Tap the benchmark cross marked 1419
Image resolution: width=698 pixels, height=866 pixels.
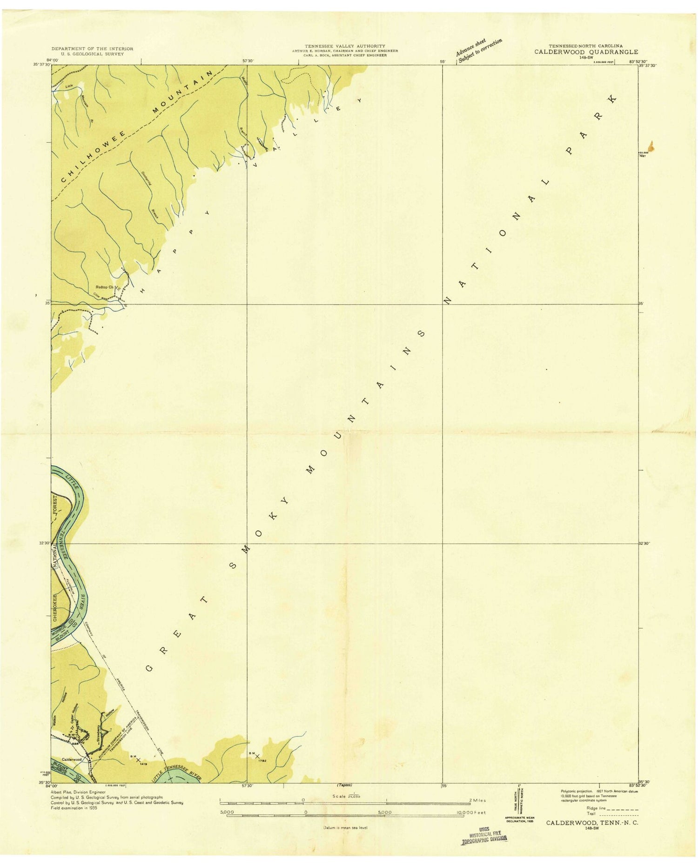(138, 760)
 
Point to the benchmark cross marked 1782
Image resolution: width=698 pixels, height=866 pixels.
(257, 756)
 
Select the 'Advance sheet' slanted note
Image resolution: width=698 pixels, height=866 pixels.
(471, 47)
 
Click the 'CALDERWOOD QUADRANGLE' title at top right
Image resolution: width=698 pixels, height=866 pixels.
(586, 52)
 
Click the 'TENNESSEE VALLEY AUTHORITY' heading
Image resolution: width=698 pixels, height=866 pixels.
(345, 46)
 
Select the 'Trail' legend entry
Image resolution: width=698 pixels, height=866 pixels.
(591, 813)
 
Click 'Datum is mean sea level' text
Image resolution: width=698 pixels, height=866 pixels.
(345, 827)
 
